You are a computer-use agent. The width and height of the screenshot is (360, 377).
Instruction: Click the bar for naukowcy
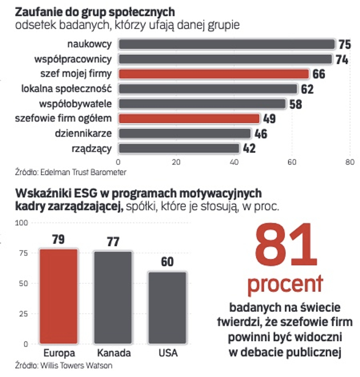point(227,44)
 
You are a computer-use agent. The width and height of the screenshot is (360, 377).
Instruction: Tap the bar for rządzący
point(179,148)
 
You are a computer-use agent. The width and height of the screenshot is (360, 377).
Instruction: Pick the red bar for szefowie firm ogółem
point(189,119)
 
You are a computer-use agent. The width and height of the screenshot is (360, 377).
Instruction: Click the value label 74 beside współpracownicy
point(342,60)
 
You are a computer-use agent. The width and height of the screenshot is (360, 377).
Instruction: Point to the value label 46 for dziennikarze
point(261,134)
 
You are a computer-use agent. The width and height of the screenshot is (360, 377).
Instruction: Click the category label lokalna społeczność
point(66,89)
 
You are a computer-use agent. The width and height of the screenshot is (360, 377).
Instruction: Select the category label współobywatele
point(75,104)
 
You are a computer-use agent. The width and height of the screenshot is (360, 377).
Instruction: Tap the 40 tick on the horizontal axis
point(234,162)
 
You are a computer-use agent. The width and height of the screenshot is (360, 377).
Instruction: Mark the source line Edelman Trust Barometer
point(71,172)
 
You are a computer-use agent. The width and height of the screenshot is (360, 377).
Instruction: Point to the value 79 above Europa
point(58,240)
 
